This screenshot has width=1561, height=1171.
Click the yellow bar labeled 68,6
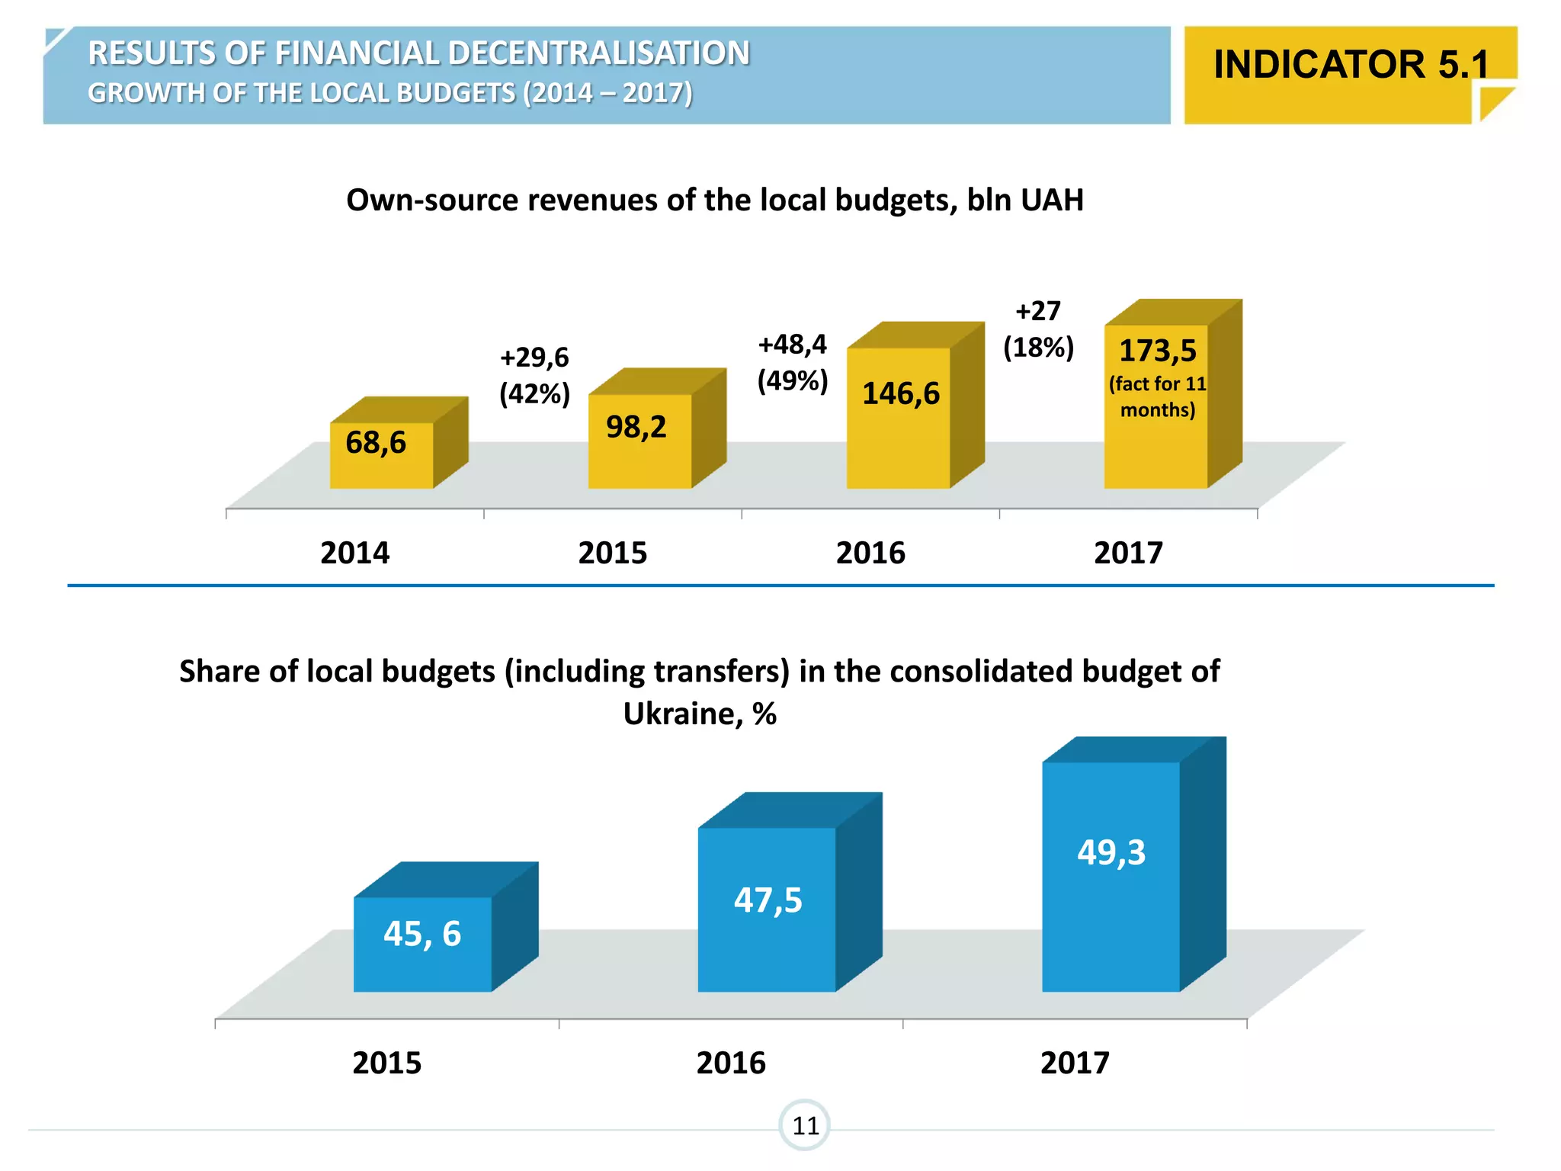click(381, 455)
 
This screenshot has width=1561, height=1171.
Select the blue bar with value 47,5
click(766, 911)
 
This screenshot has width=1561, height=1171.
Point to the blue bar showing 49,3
click(1111, 877)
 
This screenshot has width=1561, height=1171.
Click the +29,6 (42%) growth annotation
click(534, 375)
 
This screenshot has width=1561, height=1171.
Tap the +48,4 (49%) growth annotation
click(792, 362)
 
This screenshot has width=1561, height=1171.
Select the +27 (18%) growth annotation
click(1038, 329)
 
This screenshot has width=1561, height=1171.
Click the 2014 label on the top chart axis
click(354, 553)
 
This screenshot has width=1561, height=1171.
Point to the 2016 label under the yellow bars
click(870, 553)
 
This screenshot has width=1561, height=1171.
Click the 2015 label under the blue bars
click(386, 1063)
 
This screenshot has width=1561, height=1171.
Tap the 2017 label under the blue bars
click(1075, 1063)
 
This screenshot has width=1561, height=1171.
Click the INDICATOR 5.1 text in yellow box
click(1350, 64)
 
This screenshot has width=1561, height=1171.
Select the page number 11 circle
click(805, 1125)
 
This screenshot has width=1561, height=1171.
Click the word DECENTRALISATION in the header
click(598, 53)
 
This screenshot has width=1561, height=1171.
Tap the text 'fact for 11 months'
click(1157, 396)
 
